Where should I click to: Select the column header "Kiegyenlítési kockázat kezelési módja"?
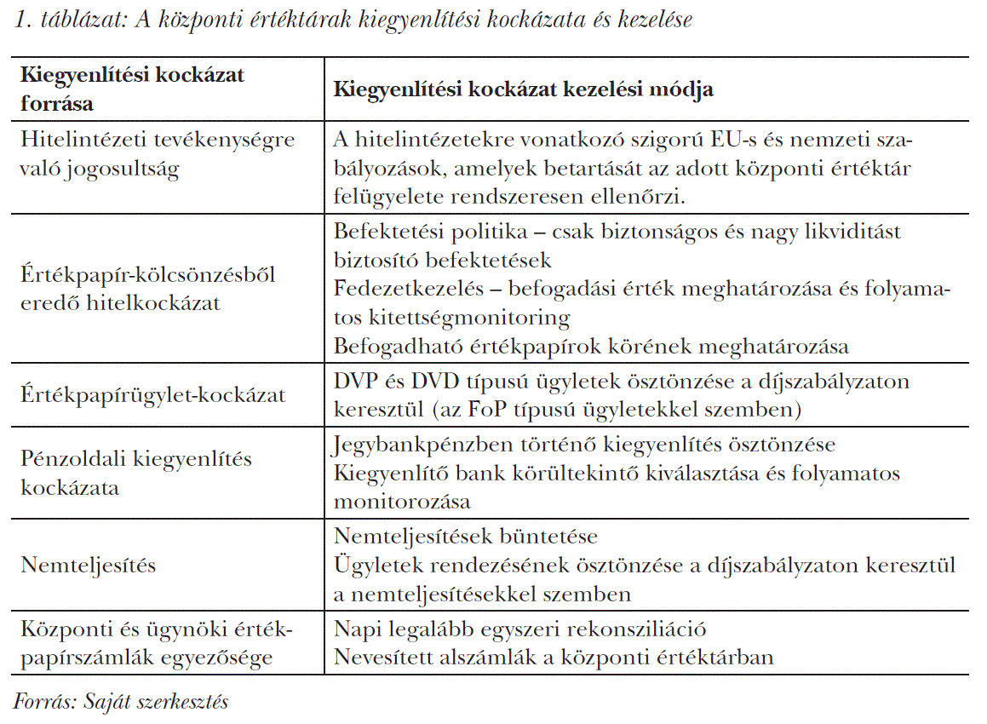[x=523, y=89]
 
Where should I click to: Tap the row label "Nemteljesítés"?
[x=89, y=565]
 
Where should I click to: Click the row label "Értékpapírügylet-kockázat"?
[x=152, y=395]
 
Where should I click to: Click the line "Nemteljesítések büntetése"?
[x=466, y=537]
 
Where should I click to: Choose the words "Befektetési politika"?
[x=431, y=232]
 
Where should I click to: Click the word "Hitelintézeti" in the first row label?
[x=77, y=140]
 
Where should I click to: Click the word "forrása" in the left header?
[x=56, y=103]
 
